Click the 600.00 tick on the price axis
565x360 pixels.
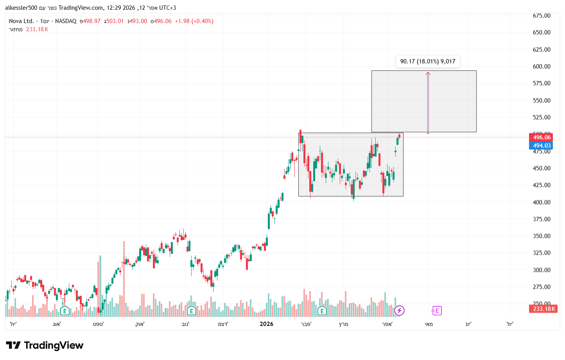click(x=542, y=67)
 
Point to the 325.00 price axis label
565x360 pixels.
click(x=542, y=253)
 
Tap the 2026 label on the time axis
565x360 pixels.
click(x=266, y=324)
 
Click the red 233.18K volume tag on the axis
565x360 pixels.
click(x=543, y=309)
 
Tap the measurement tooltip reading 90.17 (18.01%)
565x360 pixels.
click(x=427, y=61)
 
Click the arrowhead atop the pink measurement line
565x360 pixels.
click(x=428, y=73)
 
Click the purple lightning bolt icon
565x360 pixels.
click(x=399, y=311)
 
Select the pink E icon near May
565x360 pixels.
click(x=437, y=311)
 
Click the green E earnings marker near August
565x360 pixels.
click(x=65, y=311)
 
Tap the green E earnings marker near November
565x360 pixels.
click(x=191, y=311)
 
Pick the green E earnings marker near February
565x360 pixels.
click(x=322, y=311)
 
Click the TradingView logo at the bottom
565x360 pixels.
click(x=45, y=346)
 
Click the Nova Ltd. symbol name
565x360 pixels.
click(x=21, y=21)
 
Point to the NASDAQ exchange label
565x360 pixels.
click(x=66, y=21)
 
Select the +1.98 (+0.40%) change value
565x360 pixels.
click(x=194, y=21)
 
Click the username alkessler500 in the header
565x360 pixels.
click(x=21, y=8)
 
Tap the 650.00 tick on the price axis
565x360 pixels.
click(x=542, y=32)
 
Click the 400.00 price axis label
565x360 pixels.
click(x=542, y=202)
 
